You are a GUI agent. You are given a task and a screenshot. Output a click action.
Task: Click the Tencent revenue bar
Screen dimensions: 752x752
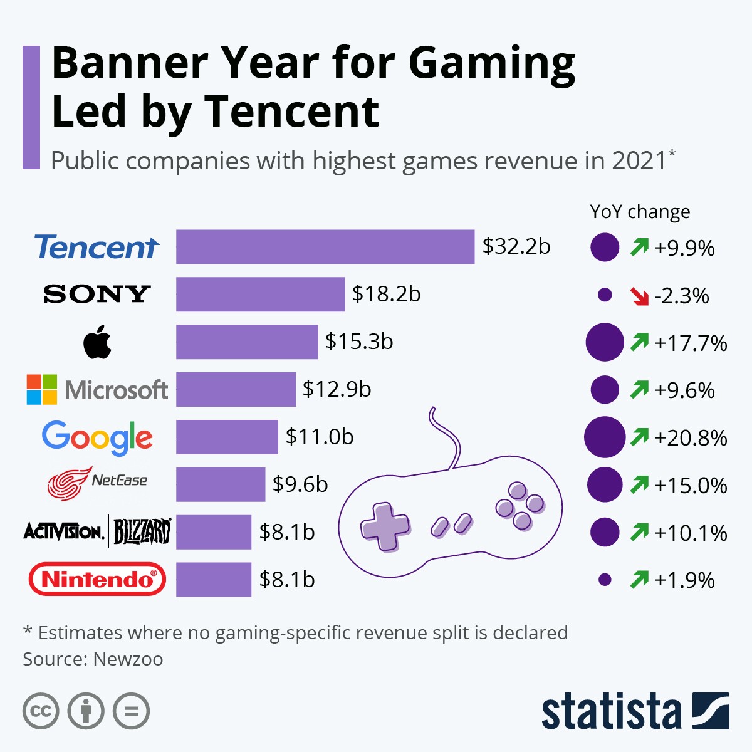[x=325, y=247]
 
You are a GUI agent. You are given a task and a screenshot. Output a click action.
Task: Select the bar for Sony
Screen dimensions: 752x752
[x=260, y=294]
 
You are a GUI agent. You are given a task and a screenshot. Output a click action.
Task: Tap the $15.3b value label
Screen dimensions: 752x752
[x=359, y=342]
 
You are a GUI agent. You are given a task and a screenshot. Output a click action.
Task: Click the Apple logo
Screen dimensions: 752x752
[x=97, y=343]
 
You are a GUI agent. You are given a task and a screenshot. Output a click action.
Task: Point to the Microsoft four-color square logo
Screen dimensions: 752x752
[x=42, y=390]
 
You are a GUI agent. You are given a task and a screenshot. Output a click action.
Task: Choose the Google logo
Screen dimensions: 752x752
[x=97, y=437]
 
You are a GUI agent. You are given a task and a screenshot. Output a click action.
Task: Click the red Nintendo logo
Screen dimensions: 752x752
[x=97, y=579]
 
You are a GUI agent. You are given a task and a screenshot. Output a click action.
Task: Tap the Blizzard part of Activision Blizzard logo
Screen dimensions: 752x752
[x=142, y=532]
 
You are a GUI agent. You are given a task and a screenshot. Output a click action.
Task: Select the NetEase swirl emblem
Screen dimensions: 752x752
[x=69, y=484]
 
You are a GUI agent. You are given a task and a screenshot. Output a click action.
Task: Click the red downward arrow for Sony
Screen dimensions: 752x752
[x=639, y=296]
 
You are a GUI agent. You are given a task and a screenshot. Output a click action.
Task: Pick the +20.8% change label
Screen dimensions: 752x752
[x=691, y=437]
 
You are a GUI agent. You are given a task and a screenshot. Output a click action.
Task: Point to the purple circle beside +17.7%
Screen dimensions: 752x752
[x=605, y=343]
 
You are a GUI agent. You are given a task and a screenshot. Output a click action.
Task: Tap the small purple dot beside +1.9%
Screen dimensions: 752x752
[x=605, y=580]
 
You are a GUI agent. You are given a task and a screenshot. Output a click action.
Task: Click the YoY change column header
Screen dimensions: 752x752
[x=640, y=212]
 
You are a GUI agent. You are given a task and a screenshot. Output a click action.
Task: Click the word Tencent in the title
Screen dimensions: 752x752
[x=291, y=112]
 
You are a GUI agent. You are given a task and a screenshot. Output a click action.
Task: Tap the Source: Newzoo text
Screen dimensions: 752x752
[x=93, y=659]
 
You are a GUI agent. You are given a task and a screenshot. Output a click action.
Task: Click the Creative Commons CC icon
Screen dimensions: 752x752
[x=41, y=711]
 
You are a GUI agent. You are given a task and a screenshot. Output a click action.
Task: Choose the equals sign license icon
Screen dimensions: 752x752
[x=132, y=711]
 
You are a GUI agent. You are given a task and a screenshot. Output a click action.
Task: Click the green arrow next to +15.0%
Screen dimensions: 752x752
[x=639, y=484]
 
